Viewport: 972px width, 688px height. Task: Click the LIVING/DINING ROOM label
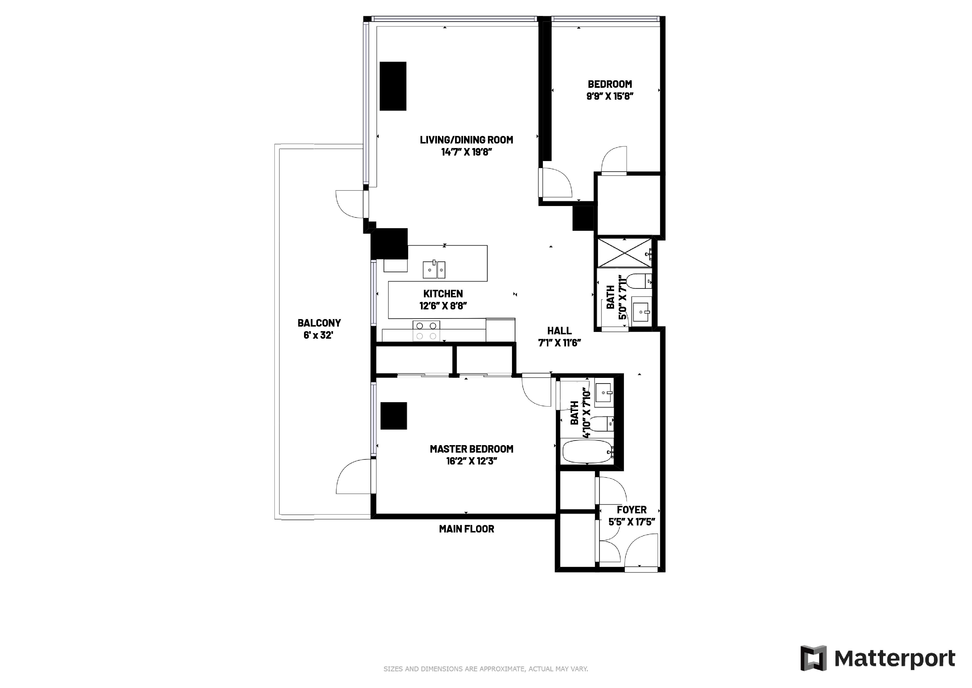click(x=466, y=140)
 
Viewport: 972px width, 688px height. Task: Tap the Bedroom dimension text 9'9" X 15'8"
click(x=610, y=96)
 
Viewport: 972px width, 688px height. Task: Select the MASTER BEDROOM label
click(x=471, y=449)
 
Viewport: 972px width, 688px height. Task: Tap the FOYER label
click(x=632, y=510)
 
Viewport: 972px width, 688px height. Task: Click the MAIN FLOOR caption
click(x=466, y=529)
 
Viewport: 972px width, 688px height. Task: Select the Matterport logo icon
click(x=813, y=658)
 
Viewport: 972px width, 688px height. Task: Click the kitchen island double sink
click(x=434, y=269)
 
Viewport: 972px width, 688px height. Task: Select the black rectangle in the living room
click(x=393, y=86)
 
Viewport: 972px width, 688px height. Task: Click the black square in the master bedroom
click(x=394, y=416)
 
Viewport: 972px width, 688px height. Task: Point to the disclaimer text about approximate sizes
click(x=486, y=669)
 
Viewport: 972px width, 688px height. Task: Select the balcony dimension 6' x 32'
click(x=318, y=335)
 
